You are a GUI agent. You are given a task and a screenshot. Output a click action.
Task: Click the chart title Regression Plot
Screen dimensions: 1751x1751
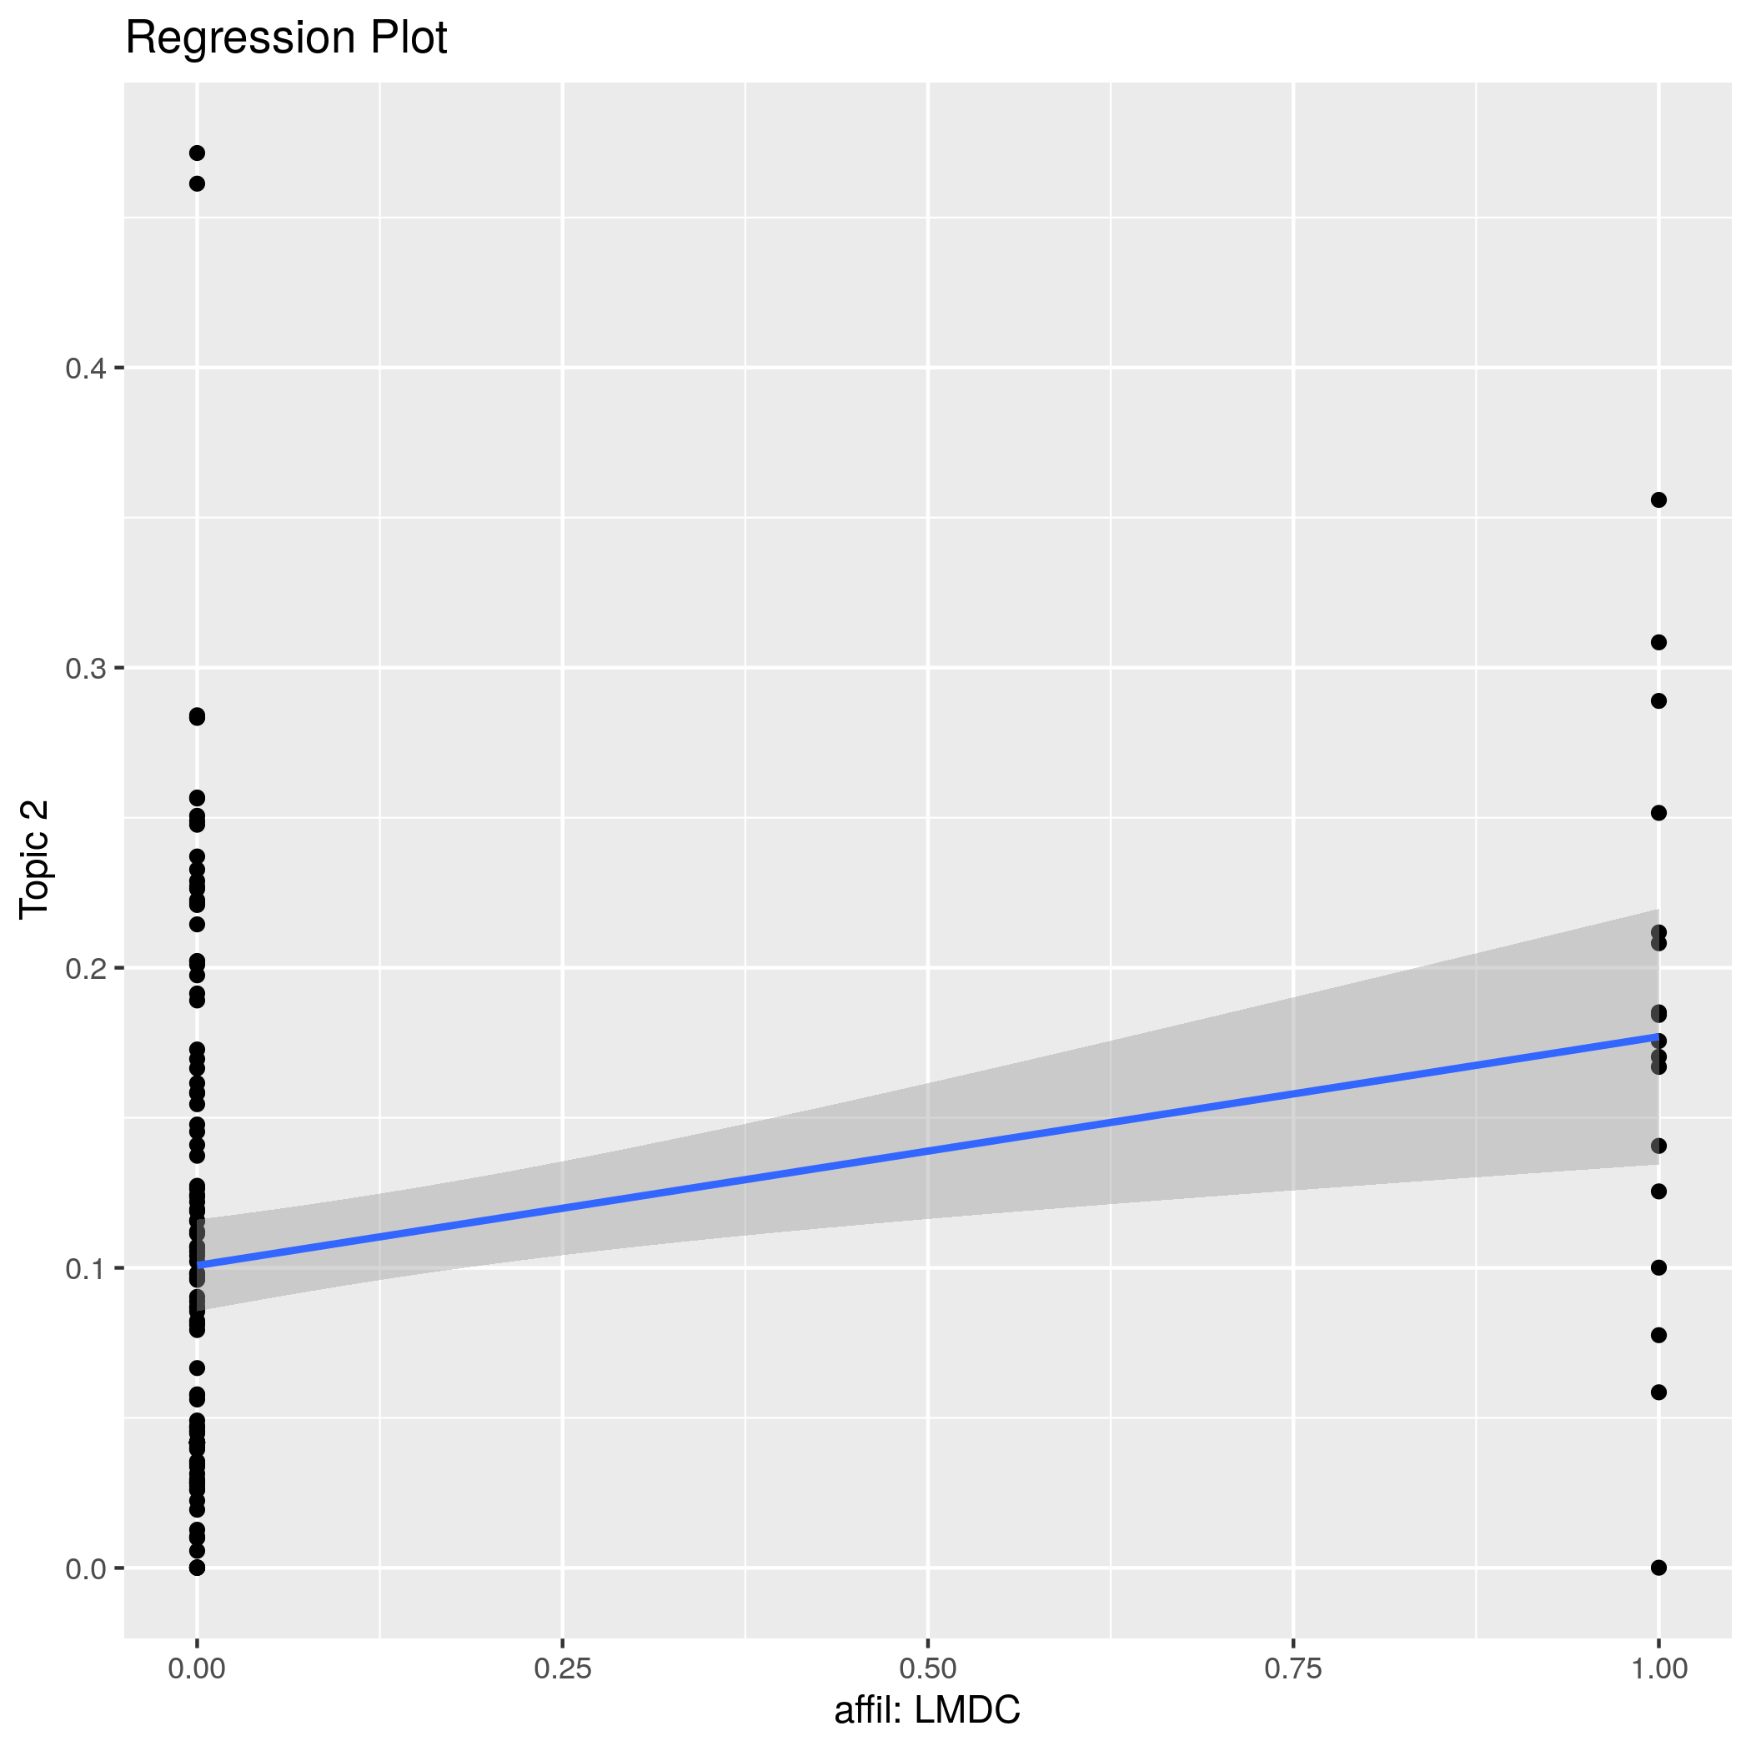coord(285,39)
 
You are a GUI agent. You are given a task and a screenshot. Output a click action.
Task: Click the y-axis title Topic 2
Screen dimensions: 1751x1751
coord(34,860)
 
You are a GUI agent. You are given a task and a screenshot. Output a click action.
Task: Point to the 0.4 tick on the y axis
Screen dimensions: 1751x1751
coord(85,368)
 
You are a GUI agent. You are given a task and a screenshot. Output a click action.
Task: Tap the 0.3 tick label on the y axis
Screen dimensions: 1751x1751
coord(85,669)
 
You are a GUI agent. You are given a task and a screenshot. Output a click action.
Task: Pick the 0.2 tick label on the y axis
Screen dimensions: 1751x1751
coord(85,969)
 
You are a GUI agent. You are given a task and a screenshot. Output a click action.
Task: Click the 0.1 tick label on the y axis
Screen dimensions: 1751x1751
coord(85,1269)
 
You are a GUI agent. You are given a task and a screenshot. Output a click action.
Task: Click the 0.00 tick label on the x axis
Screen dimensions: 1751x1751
coord(197,1668)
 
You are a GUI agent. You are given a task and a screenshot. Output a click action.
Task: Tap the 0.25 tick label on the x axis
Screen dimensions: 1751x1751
coord(563,1668)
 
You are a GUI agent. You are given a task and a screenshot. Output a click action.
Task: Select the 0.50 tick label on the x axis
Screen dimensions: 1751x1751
coord(928,1668)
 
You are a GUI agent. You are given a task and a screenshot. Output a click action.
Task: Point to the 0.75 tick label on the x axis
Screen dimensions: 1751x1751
coord(1293,1668)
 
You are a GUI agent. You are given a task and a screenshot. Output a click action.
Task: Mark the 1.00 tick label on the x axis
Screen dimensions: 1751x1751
coord(1658,1668)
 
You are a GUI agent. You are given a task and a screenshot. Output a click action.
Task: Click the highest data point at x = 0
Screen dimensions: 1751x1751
coord(197,153)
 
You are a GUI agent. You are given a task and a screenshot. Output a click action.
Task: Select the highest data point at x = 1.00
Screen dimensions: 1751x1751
coord(1658,500)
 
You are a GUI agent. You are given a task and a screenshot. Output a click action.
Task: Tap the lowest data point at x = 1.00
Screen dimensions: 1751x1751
coord(1658,1568)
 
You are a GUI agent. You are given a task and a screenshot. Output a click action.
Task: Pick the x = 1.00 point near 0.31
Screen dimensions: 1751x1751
coord(1658,643)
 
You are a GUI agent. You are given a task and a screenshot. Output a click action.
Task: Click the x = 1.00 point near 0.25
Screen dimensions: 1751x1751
coord(1658,813)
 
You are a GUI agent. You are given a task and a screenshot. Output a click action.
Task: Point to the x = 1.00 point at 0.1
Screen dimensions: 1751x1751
coord(1658,1268)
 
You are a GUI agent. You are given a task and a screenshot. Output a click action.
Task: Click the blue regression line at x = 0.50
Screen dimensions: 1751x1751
coord(928,1151)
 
